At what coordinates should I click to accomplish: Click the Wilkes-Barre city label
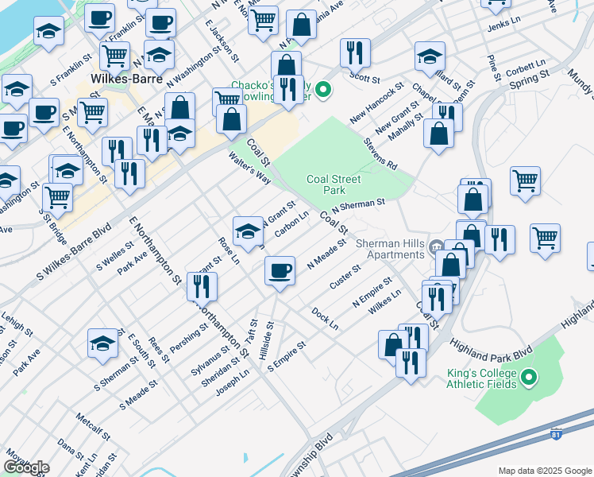126,79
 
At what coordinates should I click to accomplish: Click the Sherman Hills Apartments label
390,249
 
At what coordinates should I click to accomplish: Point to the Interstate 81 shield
558,435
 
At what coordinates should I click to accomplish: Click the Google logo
26,467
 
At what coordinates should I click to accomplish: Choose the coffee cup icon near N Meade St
280,270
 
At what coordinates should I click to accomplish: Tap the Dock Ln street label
325,319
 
